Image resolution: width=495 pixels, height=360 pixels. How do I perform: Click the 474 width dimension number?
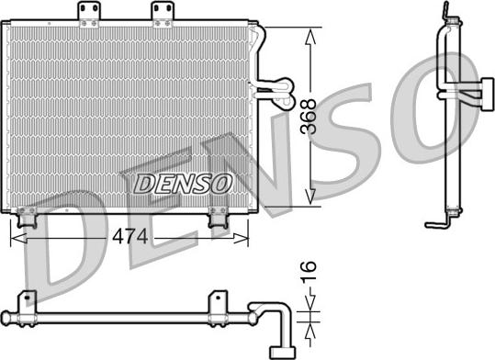tap(130, 237)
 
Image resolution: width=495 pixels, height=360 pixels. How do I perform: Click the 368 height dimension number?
tap(309, 117)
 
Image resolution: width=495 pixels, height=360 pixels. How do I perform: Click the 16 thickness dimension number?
tap(309, 271)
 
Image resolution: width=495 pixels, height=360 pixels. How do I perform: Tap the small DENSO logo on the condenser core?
tap(183, 184)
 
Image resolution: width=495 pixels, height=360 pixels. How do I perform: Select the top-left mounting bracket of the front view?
tap(89, 14)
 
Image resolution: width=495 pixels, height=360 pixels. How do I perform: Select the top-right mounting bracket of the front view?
tap(163, 14)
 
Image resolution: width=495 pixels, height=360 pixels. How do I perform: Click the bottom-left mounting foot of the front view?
tap(27, 218)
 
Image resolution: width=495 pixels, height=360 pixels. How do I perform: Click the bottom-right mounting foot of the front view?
tap(218, 218)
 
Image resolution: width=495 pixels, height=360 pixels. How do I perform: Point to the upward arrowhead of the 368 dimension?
tap(310, 38)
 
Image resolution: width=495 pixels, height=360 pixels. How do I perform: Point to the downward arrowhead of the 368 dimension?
tap(310, 197)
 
